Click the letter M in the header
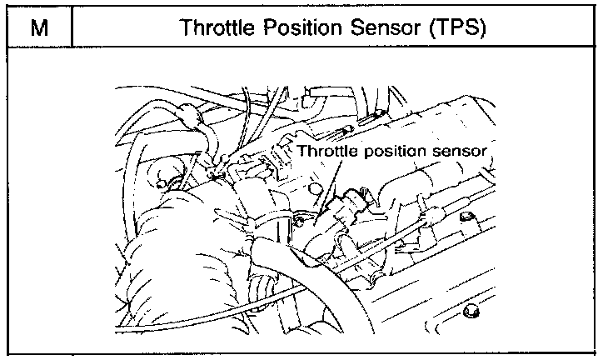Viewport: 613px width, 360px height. click(37, 27)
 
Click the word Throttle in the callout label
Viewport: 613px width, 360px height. click(325, 152)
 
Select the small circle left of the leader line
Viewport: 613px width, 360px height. click(298, 218)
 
